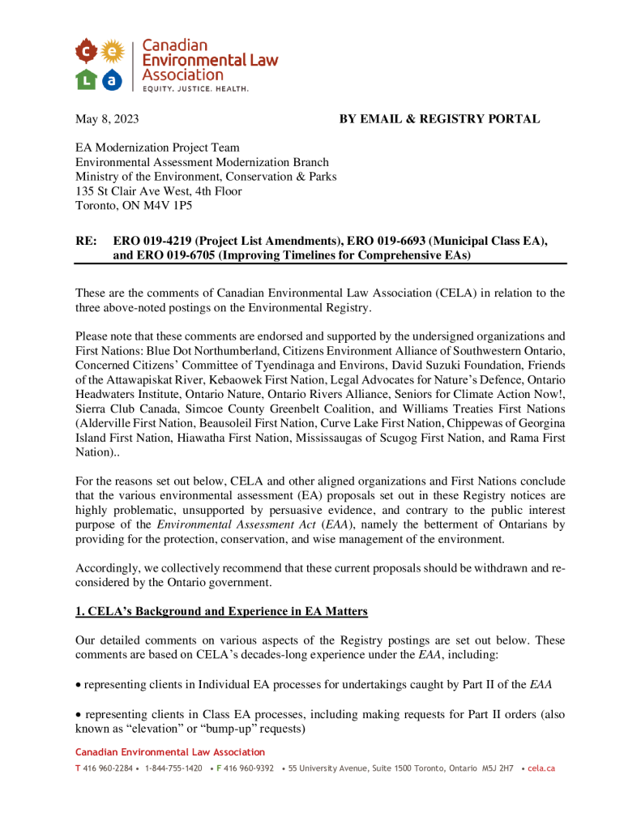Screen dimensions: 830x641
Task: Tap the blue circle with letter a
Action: pos(113,79)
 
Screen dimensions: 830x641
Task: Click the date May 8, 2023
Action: pos(107,119)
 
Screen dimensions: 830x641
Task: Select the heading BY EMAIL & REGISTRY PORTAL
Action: pos(439,119)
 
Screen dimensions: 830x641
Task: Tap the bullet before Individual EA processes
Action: pos(79,685)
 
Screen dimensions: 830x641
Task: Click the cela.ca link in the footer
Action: pos(541,768)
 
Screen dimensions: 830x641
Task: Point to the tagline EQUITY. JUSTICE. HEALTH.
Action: pos(195,88)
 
